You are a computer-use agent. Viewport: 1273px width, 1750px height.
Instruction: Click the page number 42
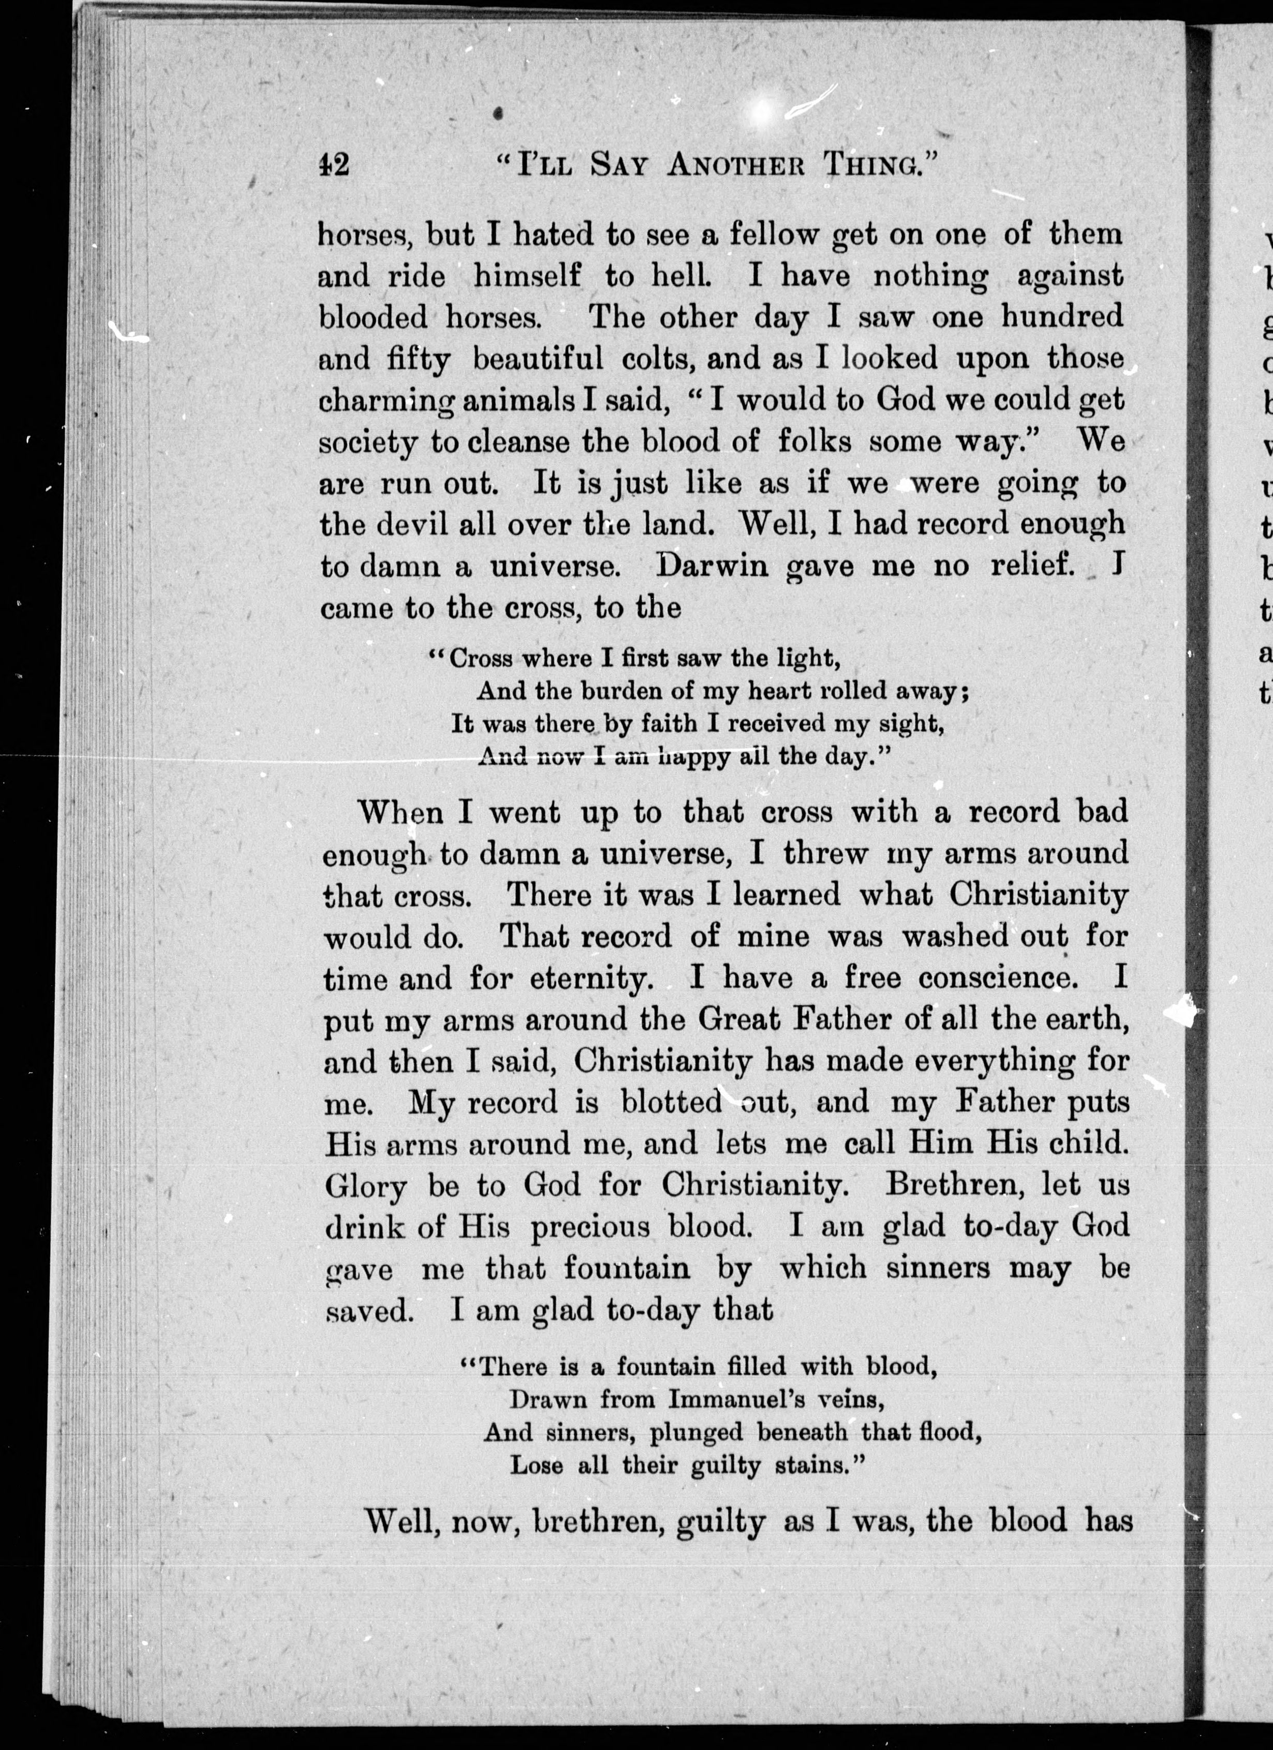(x=333, y=164)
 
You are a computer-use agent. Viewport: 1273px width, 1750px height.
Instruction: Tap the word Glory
(x=364, y=1186)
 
